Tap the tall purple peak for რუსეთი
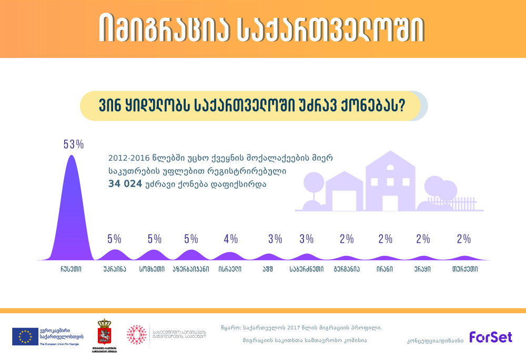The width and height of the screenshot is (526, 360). pos(70,210)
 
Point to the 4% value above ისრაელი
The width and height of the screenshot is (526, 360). pos(230,239)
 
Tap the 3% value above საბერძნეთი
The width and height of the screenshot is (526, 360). pos(306,239)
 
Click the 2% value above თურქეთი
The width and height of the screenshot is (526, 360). pos(463,239)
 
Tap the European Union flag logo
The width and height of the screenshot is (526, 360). pos(25,336)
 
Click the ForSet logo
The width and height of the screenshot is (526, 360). pos(491,337)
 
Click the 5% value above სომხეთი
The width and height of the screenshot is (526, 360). pos(154,239)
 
